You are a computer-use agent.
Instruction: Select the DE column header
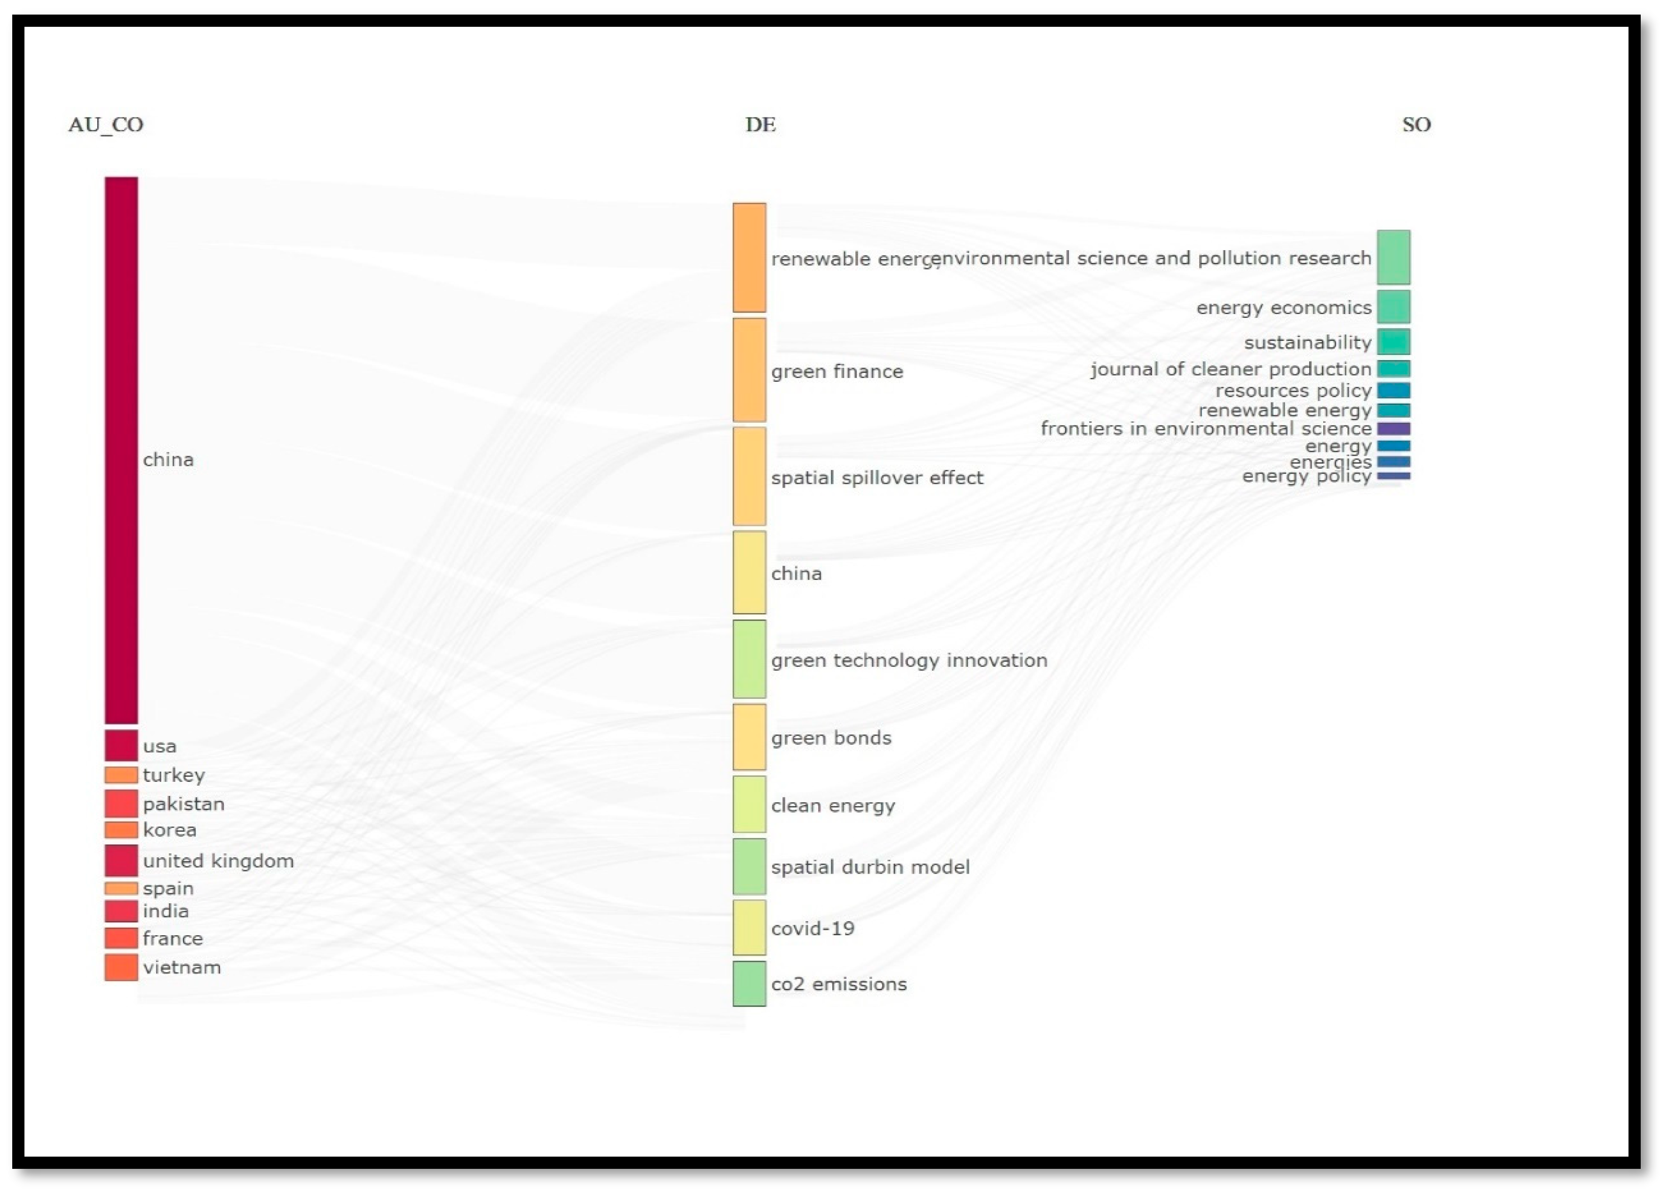click(760, 125)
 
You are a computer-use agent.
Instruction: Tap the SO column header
click(1416, 125)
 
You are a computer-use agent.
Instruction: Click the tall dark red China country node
click(121, 449)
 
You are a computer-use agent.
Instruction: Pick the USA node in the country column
click(121, 745)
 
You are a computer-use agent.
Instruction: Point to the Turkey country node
click(121, 774)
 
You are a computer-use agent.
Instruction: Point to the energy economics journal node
click(1393, 307)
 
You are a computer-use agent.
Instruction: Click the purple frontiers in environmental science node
click(1393, 428)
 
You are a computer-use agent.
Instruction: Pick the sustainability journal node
click(1393, 342)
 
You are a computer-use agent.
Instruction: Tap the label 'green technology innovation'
click(909, 660)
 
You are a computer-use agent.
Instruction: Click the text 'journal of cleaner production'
click(1230, 369)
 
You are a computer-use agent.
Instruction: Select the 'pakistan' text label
click(184, 804)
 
